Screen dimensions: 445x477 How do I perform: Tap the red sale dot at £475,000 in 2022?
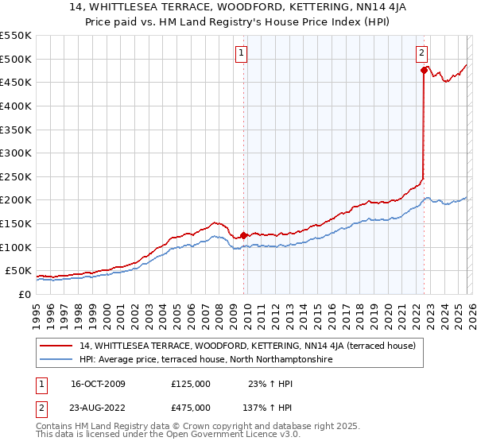coord(425,71)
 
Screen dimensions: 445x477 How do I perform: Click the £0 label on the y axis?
coord(24,294)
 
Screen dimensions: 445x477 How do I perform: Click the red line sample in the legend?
coord(56,346)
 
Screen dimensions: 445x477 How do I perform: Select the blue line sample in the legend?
coord(56,359)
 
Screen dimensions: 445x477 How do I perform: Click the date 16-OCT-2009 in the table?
coord(98,384)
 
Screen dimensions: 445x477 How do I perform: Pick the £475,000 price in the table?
coord(191,407)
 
